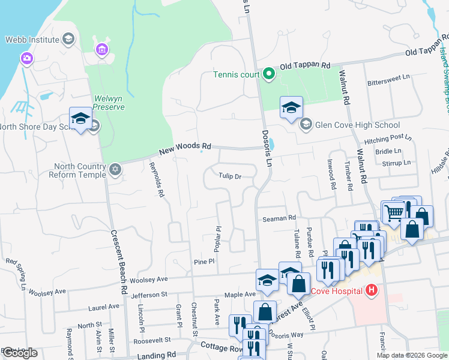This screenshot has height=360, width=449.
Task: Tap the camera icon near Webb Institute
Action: click(26, 58)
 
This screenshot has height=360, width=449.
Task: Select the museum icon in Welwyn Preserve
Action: click(101, 49)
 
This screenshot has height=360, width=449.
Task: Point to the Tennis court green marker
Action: click(269, 74)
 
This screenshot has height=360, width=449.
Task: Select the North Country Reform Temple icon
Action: click(115, 170)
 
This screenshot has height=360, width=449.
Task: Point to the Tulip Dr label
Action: click(230, 176)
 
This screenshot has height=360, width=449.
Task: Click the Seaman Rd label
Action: click(280, 218)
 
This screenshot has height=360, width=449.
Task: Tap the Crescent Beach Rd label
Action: click(118, 265)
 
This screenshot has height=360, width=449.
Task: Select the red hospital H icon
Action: click(372, 291)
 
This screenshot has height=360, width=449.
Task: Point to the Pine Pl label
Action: click(204, 262)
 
